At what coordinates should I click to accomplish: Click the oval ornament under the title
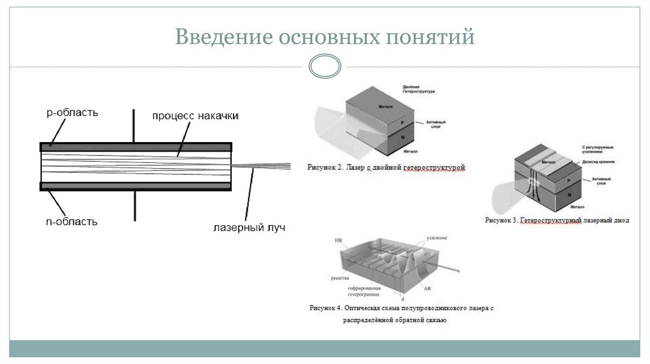coord(324,66)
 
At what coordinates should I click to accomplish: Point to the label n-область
coord(72,221)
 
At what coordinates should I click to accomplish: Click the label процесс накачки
coord(195,116)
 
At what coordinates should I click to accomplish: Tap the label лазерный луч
coord(249,226)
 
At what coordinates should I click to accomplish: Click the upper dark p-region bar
coord(136,146)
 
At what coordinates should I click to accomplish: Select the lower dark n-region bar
coord(136,186)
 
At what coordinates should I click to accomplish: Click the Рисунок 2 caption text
coord(387,168)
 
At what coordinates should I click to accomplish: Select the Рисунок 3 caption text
coord(557,221)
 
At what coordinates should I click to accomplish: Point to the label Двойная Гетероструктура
coord(418,89)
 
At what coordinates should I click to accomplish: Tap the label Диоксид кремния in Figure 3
coord(598,162)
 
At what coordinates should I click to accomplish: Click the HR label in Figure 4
coord(338,241)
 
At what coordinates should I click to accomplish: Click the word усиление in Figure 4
coord(437,238)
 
